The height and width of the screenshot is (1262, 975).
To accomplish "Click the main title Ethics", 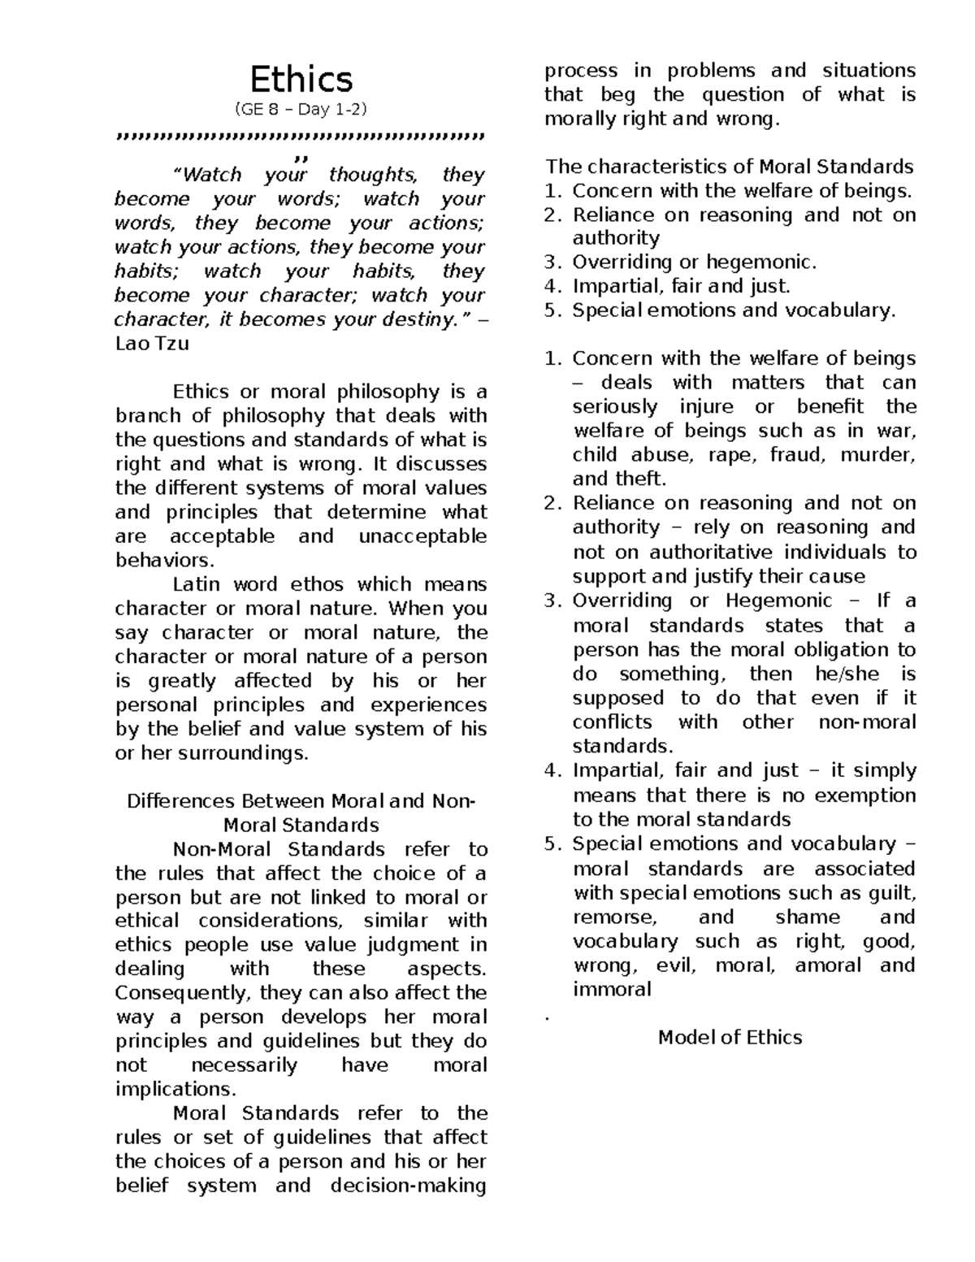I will point(301,80).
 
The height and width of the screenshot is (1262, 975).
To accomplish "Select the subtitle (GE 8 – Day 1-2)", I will point(301,110).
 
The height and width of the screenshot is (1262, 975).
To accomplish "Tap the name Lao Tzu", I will point(151,344).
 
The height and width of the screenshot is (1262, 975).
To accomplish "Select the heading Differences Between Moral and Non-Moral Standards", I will point(301,813).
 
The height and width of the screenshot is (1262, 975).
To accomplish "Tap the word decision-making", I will point(408,1186).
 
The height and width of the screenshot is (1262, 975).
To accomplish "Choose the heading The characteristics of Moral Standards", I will point(729,167).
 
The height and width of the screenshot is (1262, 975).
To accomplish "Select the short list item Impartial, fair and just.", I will point(681,286).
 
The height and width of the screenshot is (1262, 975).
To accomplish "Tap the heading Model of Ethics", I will point(729,1038).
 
